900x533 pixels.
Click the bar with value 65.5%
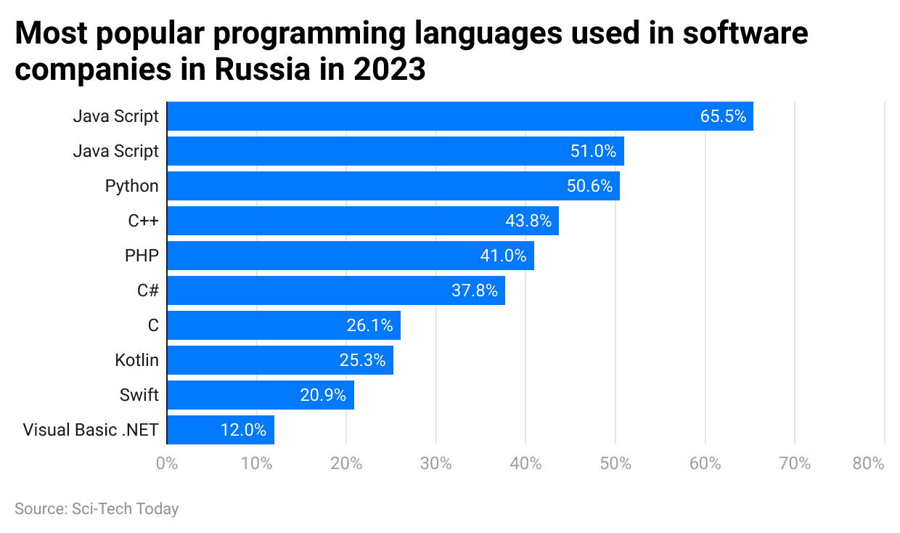pyautogui.click(x=459, y=116)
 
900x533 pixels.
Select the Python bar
pyautogui.click(x=393, y=186)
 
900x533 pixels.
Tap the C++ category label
pyautogui.click(x=143, y=221)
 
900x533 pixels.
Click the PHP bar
pyautogui.click(x=350, y=256)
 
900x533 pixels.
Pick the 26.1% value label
pyautogui.click(x=370, y=325)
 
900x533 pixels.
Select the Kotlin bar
pyautogui.click(x=279, y=360)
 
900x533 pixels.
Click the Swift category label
pyautogui.click(x=139, y=395)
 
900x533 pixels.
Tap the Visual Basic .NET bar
pyautogui.click(x=220, y=430)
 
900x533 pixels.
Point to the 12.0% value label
pyautogui.click(x=243, y=430)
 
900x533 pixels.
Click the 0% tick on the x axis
pyautogui.click(x=167, y=463)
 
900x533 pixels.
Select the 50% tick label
pyautogui.click(x=615, y=463)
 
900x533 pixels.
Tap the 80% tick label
pyautogui.click(x=868, y=463)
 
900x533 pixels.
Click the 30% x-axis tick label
pyautogui.click(x=436, y=463)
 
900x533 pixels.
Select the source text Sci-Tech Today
pyautogui.click(x=124, y=509)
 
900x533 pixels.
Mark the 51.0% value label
pyautogui.click(x=593, y=151)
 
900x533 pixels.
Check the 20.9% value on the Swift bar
pyautogui.click(x=323, y=395)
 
